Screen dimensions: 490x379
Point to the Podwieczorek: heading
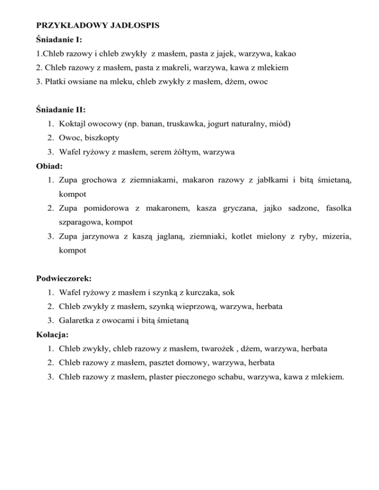[x=64, y=279]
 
